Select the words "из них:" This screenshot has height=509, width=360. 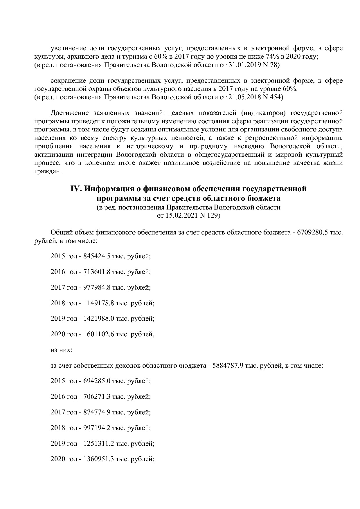[61, 350]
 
